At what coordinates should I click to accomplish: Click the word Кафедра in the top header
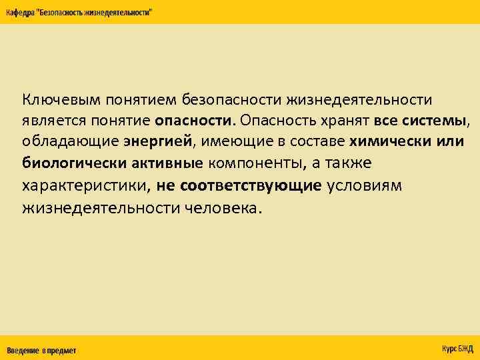point(20,13)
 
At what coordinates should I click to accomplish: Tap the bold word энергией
point(157,141)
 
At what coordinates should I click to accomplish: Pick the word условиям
point(365,185)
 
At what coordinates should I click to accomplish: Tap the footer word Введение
point(23,350)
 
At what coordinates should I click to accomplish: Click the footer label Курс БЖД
point(457,349)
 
